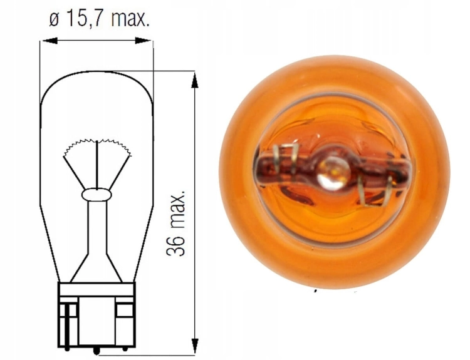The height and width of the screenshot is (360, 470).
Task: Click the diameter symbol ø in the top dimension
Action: coord(53,19)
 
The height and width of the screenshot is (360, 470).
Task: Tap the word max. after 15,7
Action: coord(130,19)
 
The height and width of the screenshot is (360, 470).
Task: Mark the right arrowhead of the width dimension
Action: coord(149,41)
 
